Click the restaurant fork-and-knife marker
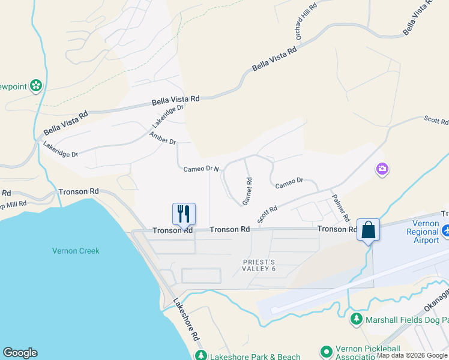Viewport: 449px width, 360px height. (184, 214)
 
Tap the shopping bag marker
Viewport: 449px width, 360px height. (368, 230)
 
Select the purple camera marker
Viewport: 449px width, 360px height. (382, 170)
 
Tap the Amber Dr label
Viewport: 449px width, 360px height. (162, 138)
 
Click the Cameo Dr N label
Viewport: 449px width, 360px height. (202, 169)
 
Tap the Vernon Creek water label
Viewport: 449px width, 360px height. (76, 251)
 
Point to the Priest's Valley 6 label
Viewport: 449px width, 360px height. (259, 265)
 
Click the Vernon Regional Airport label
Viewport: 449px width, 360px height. (423, 232)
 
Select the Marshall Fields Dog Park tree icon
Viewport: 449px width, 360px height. (357, 318)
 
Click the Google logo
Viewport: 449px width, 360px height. (20, 353)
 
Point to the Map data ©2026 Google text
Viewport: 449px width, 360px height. (412, 356)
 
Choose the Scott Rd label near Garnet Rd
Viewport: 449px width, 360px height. (267, 214)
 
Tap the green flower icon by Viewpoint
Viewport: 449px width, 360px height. (36, 86)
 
